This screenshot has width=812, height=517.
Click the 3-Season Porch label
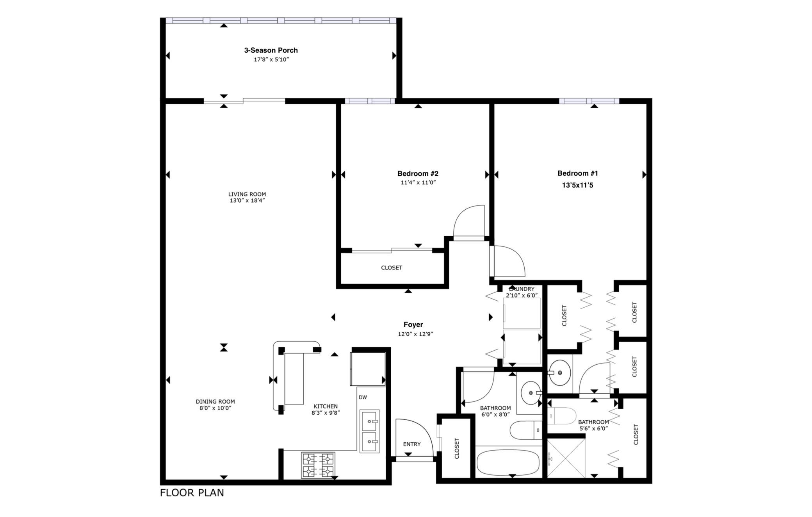(271, 50)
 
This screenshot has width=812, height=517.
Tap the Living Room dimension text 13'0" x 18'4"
(247, 201)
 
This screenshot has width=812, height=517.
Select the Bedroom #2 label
(418, 174)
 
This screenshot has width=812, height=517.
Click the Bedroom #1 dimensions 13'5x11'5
(577, 185)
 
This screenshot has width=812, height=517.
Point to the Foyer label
(413, 324)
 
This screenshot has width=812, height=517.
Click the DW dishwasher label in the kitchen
(363, 398)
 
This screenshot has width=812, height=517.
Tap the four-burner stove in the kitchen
(318, 465)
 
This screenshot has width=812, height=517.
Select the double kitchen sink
(369, 431)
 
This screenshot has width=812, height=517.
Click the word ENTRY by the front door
(412, 444)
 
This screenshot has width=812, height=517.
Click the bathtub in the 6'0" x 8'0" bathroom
(507, 462)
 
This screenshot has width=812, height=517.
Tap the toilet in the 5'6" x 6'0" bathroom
(562, 416)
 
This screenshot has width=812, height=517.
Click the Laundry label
(522, 289)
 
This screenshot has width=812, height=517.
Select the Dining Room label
(215, 402)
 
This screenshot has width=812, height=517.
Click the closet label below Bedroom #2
(392, 268)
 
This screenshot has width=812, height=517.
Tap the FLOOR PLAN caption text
(192, 493)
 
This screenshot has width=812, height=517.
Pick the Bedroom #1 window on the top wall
(589, 101)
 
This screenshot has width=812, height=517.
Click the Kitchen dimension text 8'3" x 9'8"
(326, 413)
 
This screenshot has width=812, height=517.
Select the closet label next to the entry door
(457, 448)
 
